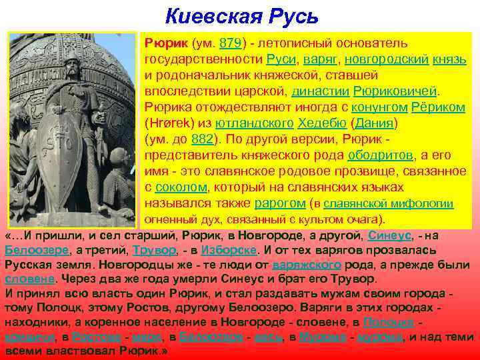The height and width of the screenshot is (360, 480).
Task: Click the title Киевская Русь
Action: pos(242,15)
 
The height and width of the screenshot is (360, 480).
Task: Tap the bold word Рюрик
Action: pos(165,43)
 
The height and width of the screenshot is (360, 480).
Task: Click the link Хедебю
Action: pos(323,123)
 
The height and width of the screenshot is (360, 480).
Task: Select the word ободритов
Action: pos(379,155)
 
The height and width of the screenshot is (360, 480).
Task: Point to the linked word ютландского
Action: pos(251,123)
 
